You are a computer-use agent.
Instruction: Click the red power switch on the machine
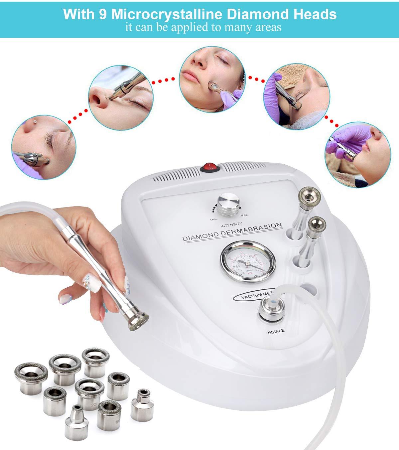click(x=209, y=167)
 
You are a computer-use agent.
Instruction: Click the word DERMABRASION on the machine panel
click(x=254, y=229)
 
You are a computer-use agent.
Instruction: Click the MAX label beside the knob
click(x=244, y=215)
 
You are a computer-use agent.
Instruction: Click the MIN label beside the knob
click(x=213, y=220)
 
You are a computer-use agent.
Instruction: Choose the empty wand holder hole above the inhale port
click(x=309, y=290)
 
